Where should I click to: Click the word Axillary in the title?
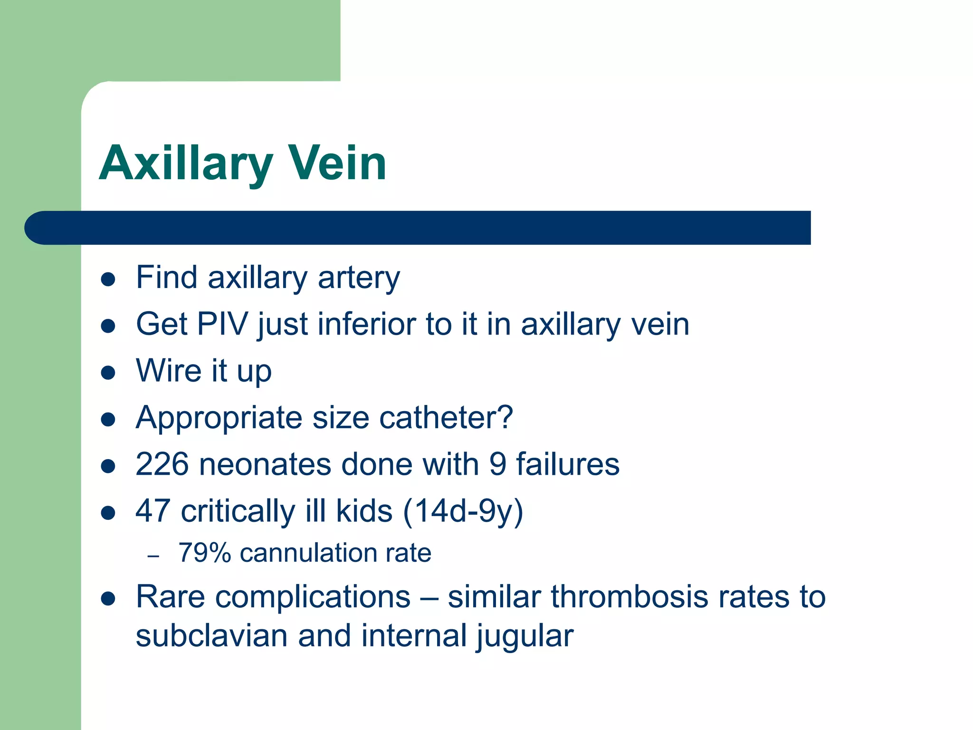pos(186,163)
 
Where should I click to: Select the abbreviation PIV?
pos(222,324)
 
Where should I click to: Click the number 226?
pos(162,464)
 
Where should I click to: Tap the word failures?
pos(568,464)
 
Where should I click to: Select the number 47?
pos(153,511)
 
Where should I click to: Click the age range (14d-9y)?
pos(463,511)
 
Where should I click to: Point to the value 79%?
pos(204,553)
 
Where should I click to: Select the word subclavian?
pos(211,636)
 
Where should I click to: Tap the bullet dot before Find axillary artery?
pos(108,279)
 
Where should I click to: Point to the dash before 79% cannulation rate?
pos(153,556)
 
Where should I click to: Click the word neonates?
pos(265,464)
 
